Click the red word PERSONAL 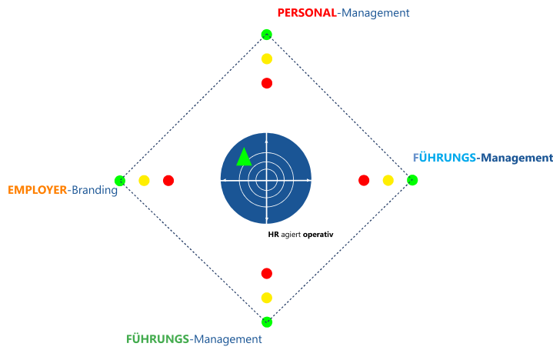click(306, 13)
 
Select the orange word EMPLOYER click(38, 190)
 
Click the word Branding click(95, 190)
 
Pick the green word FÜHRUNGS click(158, 338)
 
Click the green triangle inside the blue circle click(244, 157)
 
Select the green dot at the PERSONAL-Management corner click(267, 34)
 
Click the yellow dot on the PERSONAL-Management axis click(267, 58)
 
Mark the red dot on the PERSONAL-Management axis click(267, 83)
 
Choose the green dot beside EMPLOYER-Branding click(120, 181)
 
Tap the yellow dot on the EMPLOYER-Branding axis click(144, 181)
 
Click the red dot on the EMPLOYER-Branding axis click(168, 181)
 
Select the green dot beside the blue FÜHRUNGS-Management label click(412, 180)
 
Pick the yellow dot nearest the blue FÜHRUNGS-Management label click(388, 180)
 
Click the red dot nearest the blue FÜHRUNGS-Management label click(364, 180)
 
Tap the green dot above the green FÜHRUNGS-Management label click(267, 322)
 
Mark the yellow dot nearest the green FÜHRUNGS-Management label click(267, 298)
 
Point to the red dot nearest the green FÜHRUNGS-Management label click(267, 273)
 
